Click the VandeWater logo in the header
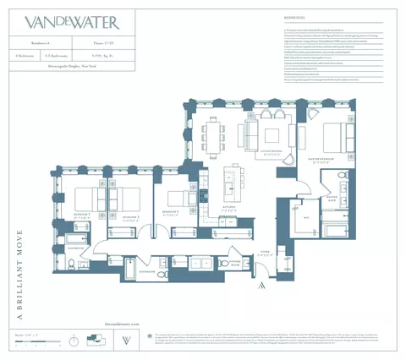tap(84, 22)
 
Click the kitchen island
tap(228, 182)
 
